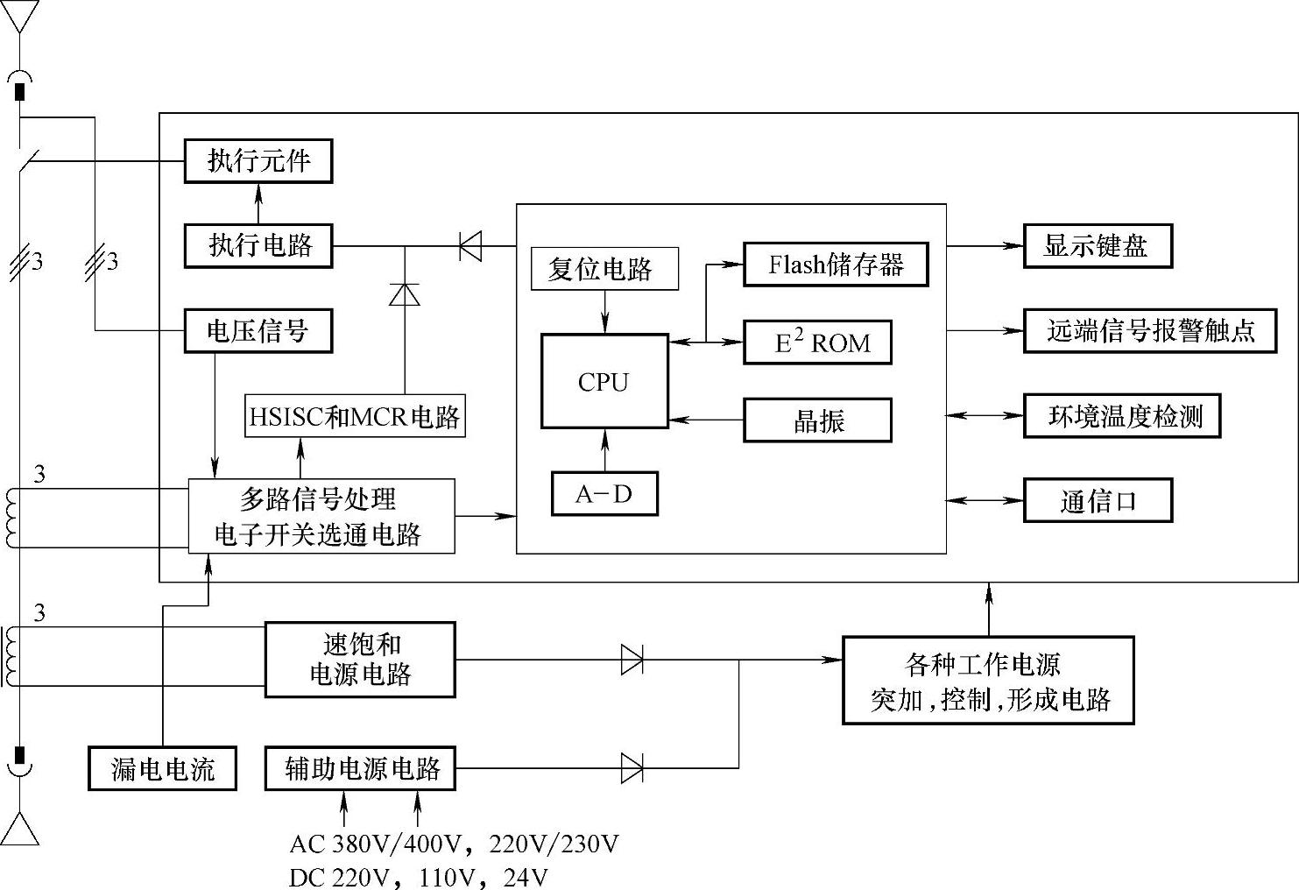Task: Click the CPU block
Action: [604, 381]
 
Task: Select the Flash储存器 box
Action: [836, 265]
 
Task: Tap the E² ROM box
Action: [817, 343]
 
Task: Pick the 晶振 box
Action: [817, 420]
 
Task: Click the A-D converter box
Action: [604, 494]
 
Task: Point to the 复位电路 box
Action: [604, 269]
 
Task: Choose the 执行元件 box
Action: [258, 161]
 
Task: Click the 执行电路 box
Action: [258, 245]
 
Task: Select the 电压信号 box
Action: [258, 331]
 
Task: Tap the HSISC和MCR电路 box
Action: [355, 416]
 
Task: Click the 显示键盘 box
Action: [1098, 246]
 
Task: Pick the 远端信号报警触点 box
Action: [1150, 331]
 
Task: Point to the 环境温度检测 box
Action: [1122, 416]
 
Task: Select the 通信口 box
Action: [1098, 501]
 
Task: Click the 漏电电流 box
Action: [163, 768]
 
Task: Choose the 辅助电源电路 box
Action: [360, 768]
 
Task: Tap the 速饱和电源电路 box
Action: [360, 660]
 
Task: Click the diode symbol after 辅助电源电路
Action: [632, 768]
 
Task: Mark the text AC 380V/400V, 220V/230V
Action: [454, 844]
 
